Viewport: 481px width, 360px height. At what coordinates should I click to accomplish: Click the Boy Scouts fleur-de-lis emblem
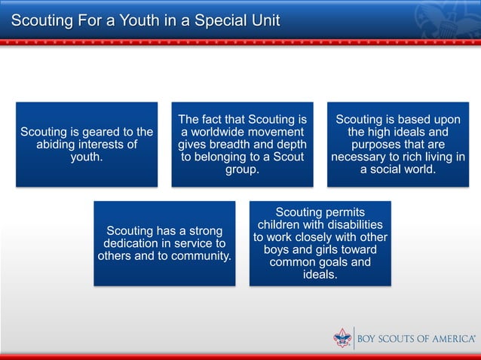(342, 338)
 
